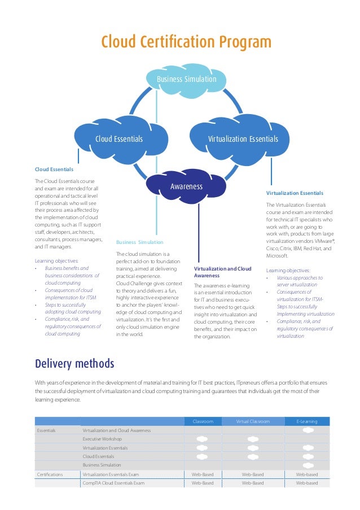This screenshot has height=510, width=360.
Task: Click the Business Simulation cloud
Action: point(186,79)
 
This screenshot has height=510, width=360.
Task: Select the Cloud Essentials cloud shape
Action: point(119,139)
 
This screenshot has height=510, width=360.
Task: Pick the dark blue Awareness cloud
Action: point(186,186)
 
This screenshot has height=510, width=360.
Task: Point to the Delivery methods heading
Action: point(74,363)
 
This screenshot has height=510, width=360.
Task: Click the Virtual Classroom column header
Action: point(253,421)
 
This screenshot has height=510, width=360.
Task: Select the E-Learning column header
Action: point(307,421)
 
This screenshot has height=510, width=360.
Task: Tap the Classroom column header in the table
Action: point(203,421)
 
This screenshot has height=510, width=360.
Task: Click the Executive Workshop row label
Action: point(102,439)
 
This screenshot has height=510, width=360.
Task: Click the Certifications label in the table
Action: point(50,474)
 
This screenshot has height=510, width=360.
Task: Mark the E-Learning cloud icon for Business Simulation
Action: point(308,465)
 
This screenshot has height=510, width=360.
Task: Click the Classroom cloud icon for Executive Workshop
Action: point(202,439)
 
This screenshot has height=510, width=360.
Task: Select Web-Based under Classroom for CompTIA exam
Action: point(203,483)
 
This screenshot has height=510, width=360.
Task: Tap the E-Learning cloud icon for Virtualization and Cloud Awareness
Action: point(308,430)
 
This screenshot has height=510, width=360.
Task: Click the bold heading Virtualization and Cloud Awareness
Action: point(222,272)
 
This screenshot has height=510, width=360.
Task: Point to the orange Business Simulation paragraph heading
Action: point(139,242)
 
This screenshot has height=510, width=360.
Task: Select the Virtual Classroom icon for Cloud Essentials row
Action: point(253,456)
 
